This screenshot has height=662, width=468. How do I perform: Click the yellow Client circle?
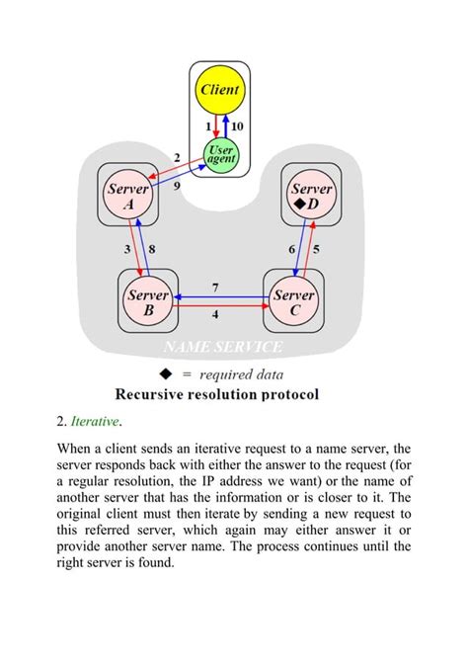[x=220, y=91]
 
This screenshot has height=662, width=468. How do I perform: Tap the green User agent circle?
[x=220, y=154]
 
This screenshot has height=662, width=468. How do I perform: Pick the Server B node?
[x=146, y=301]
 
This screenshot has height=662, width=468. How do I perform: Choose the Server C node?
[x=294, y=301]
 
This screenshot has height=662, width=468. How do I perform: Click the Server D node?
[x=312, y=197]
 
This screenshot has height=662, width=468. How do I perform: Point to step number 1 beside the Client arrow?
[x=209, y=127]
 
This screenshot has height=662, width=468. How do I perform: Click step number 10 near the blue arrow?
[x=237, y=127]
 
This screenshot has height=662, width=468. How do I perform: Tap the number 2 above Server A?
[x=177, y=158]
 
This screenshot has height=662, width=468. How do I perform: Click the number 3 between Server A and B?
[x=127, y=250]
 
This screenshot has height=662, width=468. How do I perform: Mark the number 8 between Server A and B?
[x=151, y=250]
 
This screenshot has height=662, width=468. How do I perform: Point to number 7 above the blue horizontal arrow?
[x=216, y=287]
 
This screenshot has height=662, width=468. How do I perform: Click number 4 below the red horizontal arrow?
[x=216, y=315]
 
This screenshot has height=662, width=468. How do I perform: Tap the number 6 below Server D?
[x=292, y=250]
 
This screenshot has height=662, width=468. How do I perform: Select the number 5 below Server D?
[x=315, y=250]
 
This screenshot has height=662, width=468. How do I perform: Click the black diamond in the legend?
[x=166, y=373]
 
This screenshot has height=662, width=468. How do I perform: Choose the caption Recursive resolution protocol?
[x=217, y=394]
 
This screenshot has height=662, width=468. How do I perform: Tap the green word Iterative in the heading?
[x=94, y=422]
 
